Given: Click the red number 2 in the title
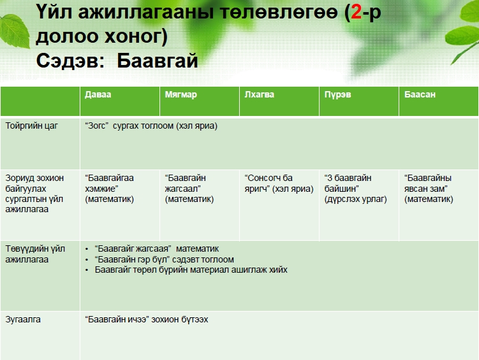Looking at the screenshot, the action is point(356,12).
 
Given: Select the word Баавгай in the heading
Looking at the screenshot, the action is point(158,61).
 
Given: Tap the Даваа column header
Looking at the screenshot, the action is point(98,94).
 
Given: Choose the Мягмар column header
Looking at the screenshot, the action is point(181,94).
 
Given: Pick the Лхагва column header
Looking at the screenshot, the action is point(259,94).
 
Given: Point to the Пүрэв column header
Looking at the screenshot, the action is point(337,94).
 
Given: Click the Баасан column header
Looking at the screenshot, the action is point(420,94).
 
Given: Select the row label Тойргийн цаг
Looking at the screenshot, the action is point(31,126).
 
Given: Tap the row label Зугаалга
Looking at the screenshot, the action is point(23,319).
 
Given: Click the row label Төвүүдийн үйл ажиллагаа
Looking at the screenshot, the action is point(35,254).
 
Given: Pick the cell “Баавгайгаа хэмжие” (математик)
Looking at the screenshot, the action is point(109,189).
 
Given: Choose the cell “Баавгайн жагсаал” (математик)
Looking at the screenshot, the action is point(189,189).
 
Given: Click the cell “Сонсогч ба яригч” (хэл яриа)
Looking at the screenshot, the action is point(279,184).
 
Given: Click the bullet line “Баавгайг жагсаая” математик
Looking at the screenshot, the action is point(157,249).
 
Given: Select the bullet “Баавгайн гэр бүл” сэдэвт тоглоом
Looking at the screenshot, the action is point(165,259).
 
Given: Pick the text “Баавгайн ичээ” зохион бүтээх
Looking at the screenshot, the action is point(146,319).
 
